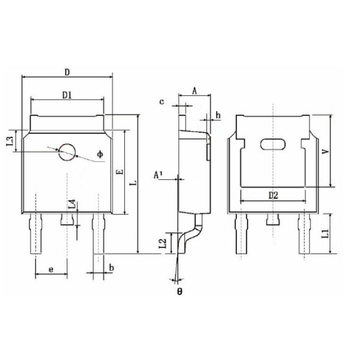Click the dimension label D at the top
point(68,72)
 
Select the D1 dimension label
point(68,94)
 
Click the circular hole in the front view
point(67,152)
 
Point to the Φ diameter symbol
point(100,154)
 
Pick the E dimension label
point(119,172)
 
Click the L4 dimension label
point(72,204)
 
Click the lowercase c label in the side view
point(161,102)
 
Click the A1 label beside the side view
point(158,175)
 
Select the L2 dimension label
point(162,243)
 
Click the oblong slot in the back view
point(273,144)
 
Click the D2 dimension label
point(274,196)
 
